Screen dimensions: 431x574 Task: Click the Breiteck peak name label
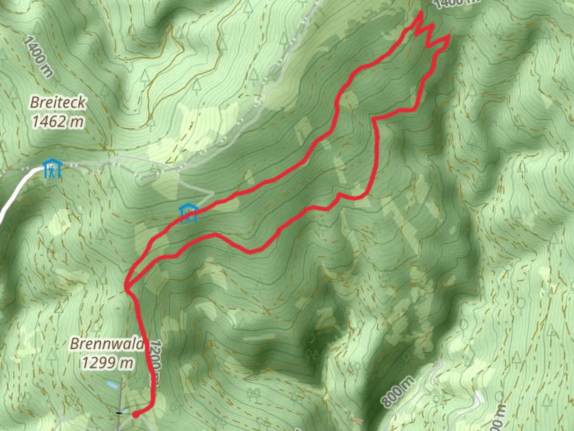[58, 103]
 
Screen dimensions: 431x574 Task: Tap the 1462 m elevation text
[58, 121]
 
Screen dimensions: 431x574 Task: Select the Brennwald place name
[107, 344]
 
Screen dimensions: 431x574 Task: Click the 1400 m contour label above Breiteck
[38, 56]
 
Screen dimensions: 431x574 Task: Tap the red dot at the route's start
[136, 415]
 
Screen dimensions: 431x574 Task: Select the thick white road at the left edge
[16, 192]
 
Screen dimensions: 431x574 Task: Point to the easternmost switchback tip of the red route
[449, 37]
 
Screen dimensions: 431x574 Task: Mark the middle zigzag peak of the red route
[432, 26]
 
